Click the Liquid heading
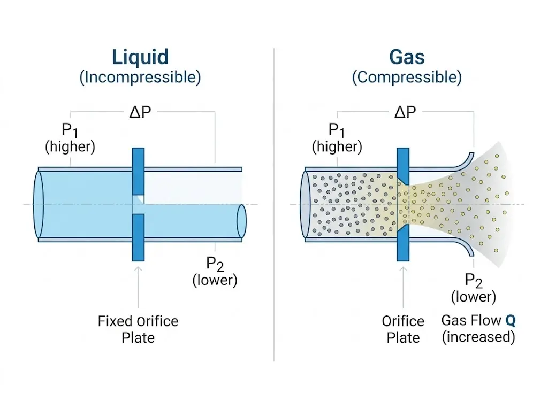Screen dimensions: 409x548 coord(140,57)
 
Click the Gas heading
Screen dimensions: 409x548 coord(406,57)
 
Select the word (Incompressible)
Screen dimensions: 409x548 coord(140,77)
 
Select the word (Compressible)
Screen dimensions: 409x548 coord(406,77)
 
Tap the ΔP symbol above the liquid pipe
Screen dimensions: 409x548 coord(140,112)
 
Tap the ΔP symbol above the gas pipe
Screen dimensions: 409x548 coord(405,112)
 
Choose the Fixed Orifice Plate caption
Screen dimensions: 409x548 coord(138,329)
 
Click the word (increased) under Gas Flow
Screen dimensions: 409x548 coord(478,337)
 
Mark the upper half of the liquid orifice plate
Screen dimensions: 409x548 coord(138,171)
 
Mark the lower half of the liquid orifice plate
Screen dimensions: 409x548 coord(138,237)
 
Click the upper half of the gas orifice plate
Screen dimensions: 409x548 coord(404,166)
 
